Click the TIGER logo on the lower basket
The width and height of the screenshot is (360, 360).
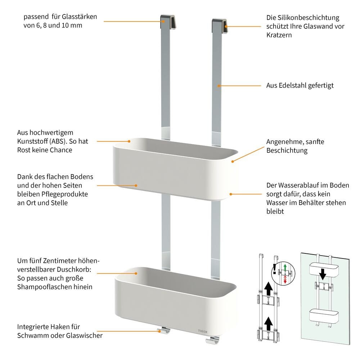tap(202, 331)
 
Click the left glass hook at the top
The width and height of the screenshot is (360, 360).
tap(168, 22)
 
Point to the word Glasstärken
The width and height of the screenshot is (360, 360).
tap(80, 17)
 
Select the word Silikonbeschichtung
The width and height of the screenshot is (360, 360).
tap(309, 18)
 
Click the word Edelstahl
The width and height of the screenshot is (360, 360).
tap(290, 85)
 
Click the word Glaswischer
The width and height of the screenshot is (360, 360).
tap(84, 336)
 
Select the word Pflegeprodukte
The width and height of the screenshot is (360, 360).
tap(64, 194)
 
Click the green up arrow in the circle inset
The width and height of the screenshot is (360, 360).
tap(285, 268)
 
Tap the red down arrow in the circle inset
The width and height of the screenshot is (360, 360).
tap(285, 280)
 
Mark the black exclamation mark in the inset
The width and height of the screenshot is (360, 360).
tap(275, 269)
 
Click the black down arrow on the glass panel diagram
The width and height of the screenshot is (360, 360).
tap(323, 274)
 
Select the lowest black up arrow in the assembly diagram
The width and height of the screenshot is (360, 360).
tap(268, 324)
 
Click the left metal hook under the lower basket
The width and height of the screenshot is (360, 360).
tap(164, 330)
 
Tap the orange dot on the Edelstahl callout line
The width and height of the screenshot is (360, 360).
tap(219, 86)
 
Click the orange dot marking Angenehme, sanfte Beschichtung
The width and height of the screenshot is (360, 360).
tap(233, 162)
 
